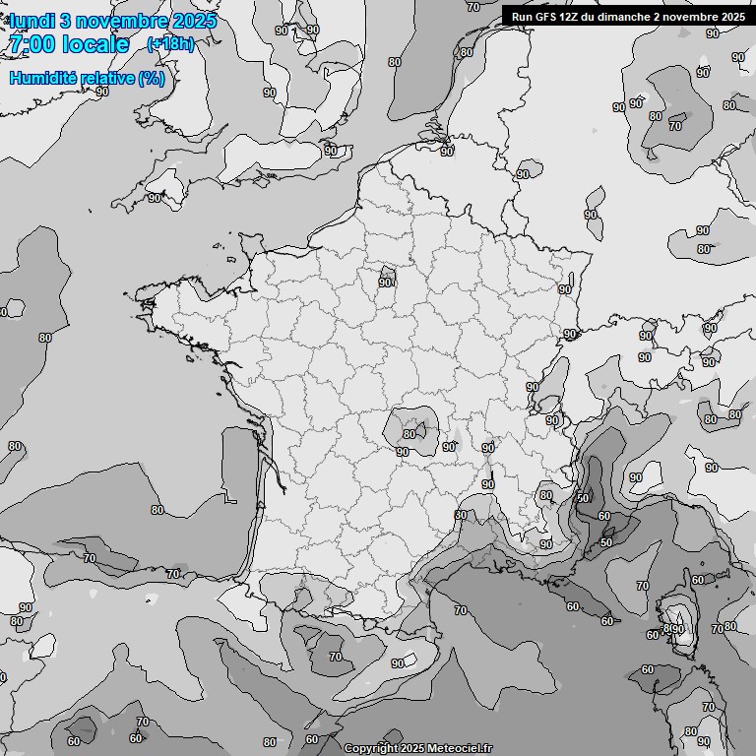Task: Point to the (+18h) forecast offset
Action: point(170,44)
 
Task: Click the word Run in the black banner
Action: point(522,16)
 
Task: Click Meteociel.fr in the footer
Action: point(458,748)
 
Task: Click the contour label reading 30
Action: point(460,515)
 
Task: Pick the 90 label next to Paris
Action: point(385,282)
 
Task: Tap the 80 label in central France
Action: point(409,433)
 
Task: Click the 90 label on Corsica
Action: point(678,629)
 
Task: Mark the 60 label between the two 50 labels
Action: point(603,516)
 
